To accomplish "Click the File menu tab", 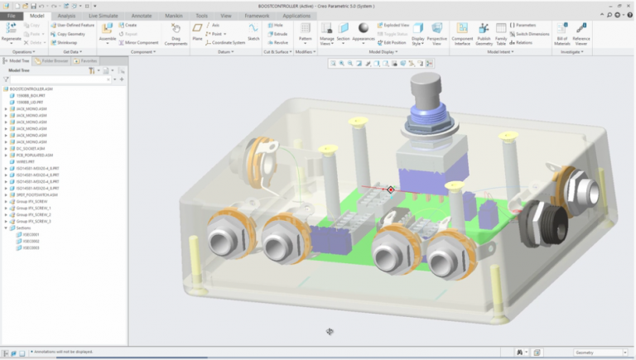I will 12,16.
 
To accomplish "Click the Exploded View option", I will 393,26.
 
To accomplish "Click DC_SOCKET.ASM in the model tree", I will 28,148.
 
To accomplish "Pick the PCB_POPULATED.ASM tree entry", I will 33,155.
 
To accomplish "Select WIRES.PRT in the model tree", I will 26,161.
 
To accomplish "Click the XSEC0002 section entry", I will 31,241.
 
